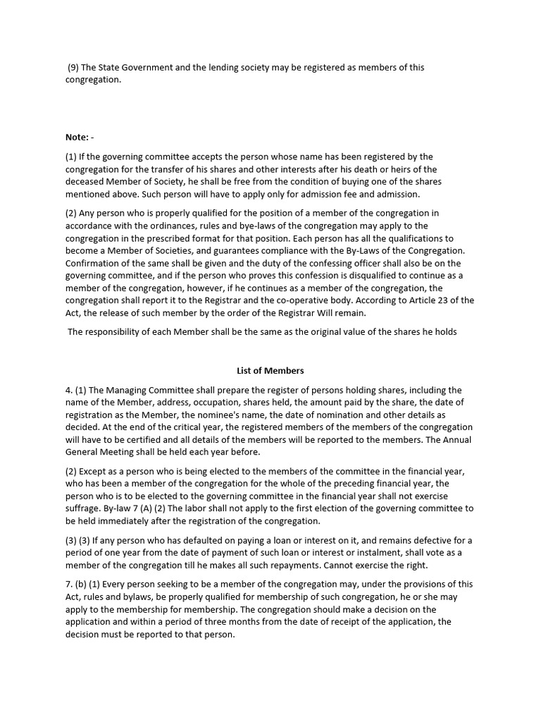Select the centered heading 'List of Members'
(x=270, y=370)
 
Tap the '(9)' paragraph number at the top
(x=73, y=68)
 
